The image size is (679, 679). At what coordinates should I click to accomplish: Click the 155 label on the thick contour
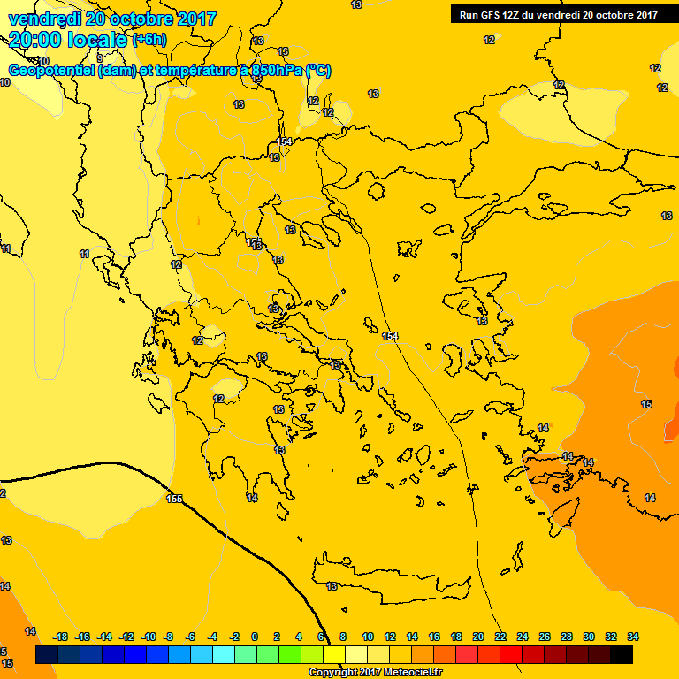coord(174,499)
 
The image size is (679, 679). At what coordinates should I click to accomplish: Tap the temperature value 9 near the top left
coord(100,58)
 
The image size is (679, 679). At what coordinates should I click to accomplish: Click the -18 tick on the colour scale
coord(61,637)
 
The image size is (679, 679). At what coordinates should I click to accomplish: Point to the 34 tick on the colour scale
coord(633,637)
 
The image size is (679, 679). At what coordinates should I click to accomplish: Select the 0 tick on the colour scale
coord(255,637)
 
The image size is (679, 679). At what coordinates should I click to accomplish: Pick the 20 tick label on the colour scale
coord(478,637)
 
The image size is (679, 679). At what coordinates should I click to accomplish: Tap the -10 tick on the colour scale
coord(149,637)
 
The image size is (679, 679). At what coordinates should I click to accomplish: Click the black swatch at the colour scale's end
coord(622,655)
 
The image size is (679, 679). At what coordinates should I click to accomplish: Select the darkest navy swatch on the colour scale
coord(47,655)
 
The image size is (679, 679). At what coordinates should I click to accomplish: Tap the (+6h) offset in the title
coord(149,40)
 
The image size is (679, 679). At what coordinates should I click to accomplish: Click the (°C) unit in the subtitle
coord(318,71)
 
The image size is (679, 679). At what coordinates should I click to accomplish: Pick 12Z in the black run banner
coord(514,15)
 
